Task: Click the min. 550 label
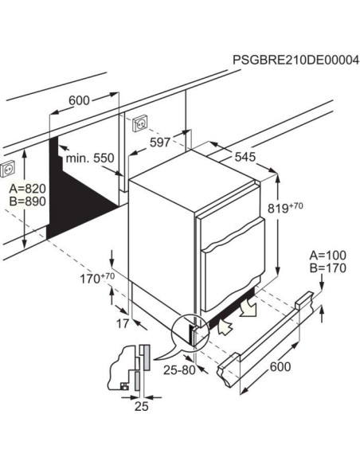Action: click(90, 158)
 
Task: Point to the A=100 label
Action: click(327, 254)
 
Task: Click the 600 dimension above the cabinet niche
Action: click(78, 100)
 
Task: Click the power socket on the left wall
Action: click(9, 168)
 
